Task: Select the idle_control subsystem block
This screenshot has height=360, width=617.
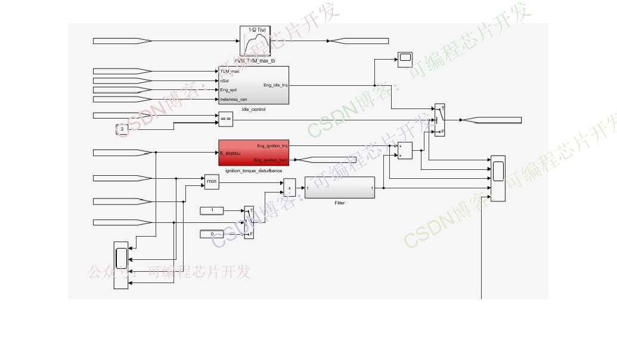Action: coord(253,85)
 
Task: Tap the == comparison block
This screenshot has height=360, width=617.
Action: coord(225,119)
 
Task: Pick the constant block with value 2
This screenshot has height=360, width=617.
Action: coord(122,129)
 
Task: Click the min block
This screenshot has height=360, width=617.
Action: coord(212,182)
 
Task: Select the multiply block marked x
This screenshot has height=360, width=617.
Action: coord(290,188)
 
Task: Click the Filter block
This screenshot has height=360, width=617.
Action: coord(340,188)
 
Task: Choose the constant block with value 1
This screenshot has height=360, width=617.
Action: coord(213,210)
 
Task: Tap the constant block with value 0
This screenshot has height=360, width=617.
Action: coord(213,234)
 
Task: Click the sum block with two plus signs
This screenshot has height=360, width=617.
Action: coord(405,151)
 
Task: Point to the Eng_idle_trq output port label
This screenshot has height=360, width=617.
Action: coord(275,85)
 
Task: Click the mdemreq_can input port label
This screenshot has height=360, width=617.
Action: coord(233,100)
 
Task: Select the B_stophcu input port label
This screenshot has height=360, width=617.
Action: coord(230,153)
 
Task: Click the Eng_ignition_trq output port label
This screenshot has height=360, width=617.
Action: coord(272,145)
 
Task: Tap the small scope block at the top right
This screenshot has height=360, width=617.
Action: coord(405,57)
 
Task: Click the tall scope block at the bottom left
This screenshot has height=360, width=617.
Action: coord(121,265)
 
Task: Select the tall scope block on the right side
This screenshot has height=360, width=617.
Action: coord(498,179)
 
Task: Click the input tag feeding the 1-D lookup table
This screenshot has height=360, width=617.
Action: coord(122,41)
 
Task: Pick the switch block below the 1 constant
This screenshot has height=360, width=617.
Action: coord(249,223)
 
